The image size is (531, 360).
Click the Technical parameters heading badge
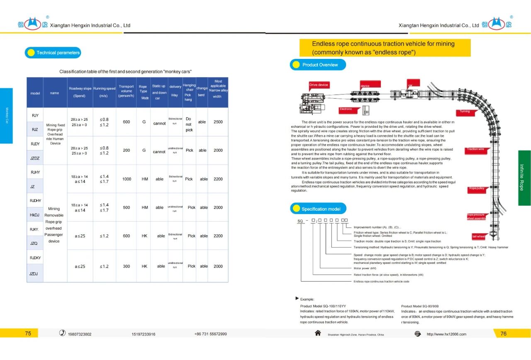click(53, 53)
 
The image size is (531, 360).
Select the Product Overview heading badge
click(318, 65)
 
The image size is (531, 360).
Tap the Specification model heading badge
click(318, 209)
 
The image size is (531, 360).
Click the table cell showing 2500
click(218, 122)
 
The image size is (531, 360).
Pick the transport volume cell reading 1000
click(127, 179)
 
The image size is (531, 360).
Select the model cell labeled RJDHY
click(35, 200)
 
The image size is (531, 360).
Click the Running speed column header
click(104, 92)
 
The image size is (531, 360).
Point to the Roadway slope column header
click(80, 92)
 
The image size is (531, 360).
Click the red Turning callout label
click(465, 112)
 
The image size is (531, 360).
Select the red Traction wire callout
click(475, 149)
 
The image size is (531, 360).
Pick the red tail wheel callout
click(478, 236)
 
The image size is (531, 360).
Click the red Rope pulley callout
click(477, 189)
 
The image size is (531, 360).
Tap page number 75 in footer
click(28, 333)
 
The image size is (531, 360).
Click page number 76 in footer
click(503, 333)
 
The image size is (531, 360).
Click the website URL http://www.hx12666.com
click(446, 334)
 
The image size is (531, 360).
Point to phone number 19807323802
click(80, 334)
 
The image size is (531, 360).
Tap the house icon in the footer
click(318, 333)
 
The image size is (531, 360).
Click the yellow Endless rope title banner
click(385, 48)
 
